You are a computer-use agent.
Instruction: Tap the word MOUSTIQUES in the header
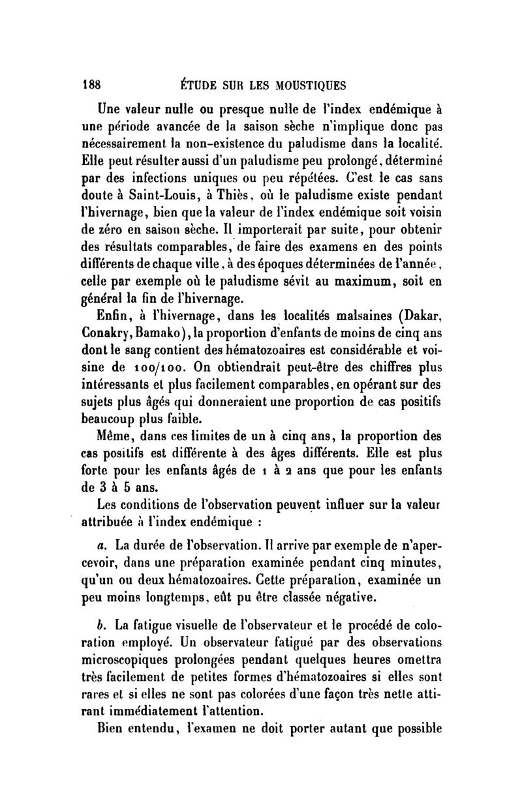305,84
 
